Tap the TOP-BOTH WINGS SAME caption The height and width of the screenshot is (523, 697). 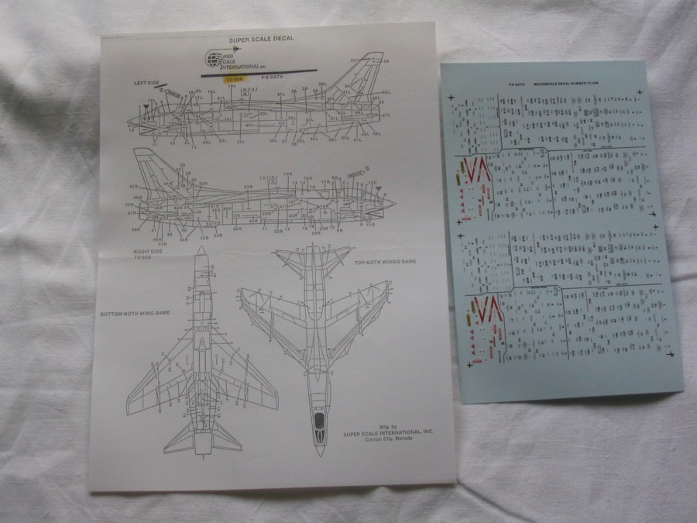tap(386, 262)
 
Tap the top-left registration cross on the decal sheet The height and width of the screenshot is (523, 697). tap(452, 96)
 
